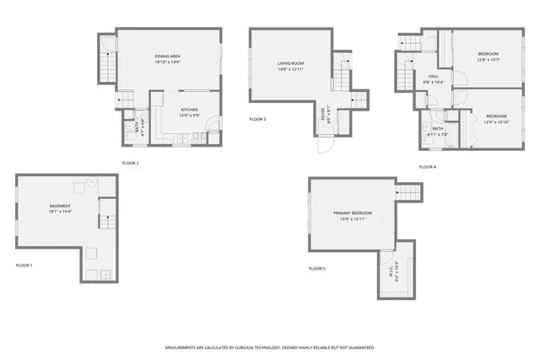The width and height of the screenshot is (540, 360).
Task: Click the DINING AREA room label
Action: (x=167, y=56)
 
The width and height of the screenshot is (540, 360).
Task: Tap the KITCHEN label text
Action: (x=190, y=110)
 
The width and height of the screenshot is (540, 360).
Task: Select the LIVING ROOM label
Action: (x=290, y=63)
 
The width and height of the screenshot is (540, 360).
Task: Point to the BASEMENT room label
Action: (x=60, y=206)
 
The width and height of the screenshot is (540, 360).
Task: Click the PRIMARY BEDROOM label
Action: (x=352, y=213)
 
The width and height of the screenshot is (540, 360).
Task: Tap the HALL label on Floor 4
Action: (x=433, y=76)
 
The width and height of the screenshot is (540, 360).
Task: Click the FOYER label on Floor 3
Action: (x=323, y=113)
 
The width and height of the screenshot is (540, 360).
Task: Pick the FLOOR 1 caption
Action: (x=24, y=266)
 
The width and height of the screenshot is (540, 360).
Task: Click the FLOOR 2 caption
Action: (x=131, y=163)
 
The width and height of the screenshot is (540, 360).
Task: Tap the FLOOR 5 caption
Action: (x=316, y=268)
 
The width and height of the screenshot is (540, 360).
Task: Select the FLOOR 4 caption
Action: (x=428, y=167)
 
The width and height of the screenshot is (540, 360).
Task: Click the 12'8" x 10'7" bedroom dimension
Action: (x=489, y=60)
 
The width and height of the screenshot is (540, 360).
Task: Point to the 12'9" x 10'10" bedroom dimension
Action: (x=496, y=121)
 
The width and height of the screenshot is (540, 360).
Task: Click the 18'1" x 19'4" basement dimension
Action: (x=60, y=212)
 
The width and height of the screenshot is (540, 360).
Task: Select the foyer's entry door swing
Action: (x=324, y=145)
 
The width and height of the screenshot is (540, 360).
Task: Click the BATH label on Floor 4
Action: (x=438, y=128)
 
